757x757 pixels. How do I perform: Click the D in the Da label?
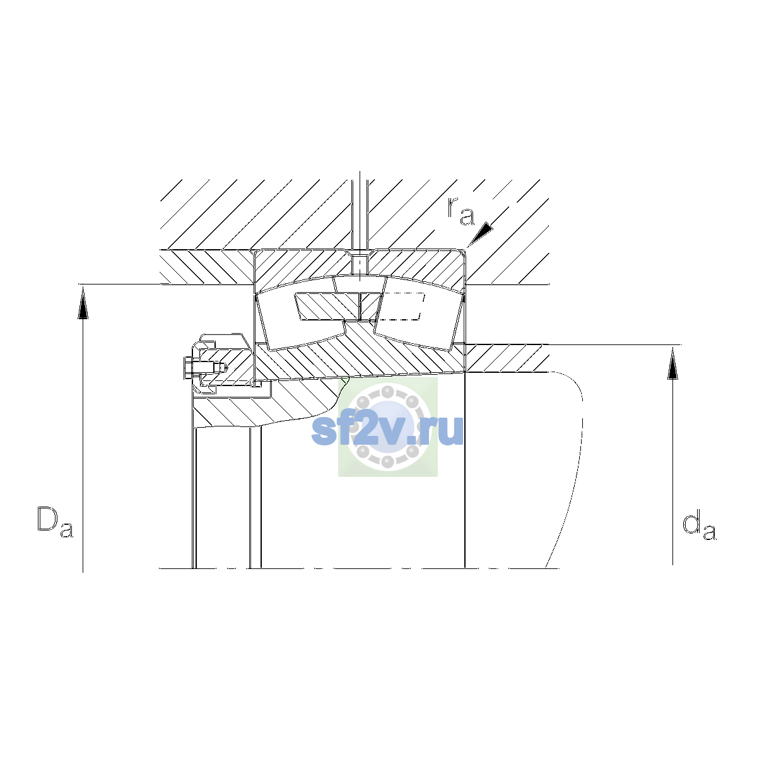pos(47,519)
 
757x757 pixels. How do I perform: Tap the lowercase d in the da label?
pos(691,523)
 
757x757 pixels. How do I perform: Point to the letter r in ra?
pos(452,208)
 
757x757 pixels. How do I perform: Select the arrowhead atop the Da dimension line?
pos(83,303)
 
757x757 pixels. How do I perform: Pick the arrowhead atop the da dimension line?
pos(673,363)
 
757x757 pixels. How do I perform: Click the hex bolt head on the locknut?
pos(188,368)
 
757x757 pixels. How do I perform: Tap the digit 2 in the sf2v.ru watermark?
pos(368,430)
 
